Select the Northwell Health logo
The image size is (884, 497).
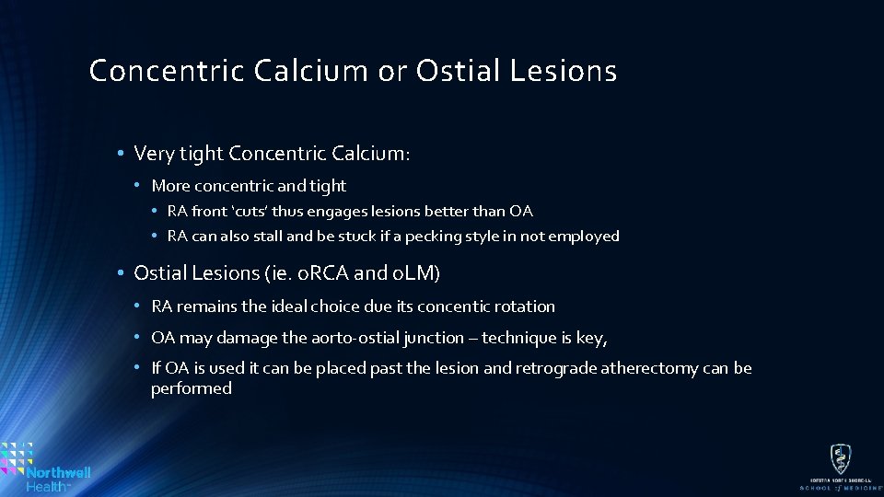[x=46, y=466]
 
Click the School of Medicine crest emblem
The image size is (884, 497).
[x=840, y=458]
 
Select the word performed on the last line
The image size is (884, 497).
[x=192, y=388]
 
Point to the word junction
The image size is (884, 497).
[x=433, y=338]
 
